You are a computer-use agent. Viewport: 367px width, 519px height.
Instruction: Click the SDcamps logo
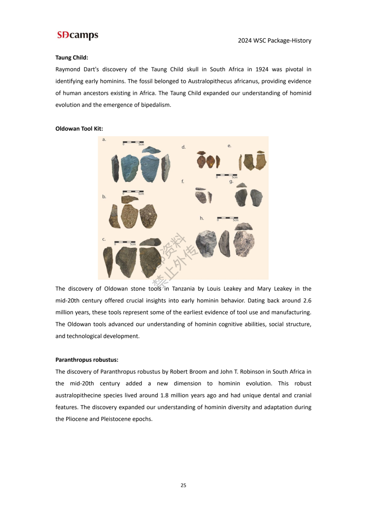[x=78, y=35]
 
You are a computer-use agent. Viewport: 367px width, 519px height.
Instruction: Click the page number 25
[x=183, y=485]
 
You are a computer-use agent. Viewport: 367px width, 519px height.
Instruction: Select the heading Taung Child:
[x=72, y=57]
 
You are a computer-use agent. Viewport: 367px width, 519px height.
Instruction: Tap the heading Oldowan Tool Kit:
[x=79, y=128]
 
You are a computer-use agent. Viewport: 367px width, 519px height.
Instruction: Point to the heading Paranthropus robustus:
[x=87, y=360]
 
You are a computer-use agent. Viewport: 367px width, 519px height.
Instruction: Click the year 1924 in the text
[x=262, y=69]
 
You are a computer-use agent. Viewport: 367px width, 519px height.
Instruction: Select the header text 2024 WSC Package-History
[x=274, y=40]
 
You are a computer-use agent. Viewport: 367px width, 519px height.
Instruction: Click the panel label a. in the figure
[x=104, y=139]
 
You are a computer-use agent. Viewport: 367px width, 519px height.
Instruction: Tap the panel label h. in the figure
[x=202, y=218]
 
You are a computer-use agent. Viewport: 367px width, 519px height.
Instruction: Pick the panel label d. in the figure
[x=183, y=147]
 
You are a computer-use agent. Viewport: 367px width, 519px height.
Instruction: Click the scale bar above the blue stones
[x=133, y=142]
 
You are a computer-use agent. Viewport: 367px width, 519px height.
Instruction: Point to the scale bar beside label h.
[x=227, y=218]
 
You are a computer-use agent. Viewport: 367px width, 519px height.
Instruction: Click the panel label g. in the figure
[x=231, y=181]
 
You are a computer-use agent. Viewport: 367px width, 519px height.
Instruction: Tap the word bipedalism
[x=156, y=105]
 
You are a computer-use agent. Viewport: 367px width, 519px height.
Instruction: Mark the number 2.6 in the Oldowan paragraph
[x=307, y=300]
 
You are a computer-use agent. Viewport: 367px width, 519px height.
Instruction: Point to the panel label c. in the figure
[x=104, y=239]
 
